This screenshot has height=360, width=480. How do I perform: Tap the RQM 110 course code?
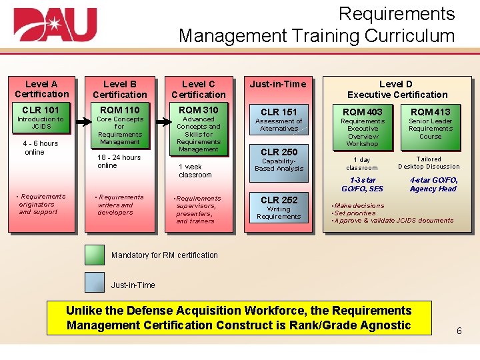click(119, 110)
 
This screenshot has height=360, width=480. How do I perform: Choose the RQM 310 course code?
click(198, 110)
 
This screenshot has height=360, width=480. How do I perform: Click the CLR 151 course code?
click(279, 111)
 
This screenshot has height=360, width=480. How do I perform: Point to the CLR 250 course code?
click(279, 151)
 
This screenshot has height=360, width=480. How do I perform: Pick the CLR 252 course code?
click(279, 199)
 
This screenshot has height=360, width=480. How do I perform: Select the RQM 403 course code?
click(363, 111)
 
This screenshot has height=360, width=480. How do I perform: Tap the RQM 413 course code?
click(430, 111)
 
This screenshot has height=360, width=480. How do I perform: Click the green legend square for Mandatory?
click(95, 255)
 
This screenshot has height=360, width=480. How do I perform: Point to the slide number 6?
click(459, 331)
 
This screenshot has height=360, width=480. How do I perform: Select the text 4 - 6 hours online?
click(40, 147)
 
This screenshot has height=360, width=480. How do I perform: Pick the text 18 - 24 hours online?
click(119, 161)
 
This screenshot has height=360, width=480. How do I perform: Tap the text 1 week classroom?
click(195, 171)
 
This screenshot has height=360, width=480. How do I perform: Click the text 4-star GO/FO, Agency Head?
click(433, 184)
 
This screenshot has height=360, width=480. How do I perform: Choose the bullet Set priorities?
click(355, 213)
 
